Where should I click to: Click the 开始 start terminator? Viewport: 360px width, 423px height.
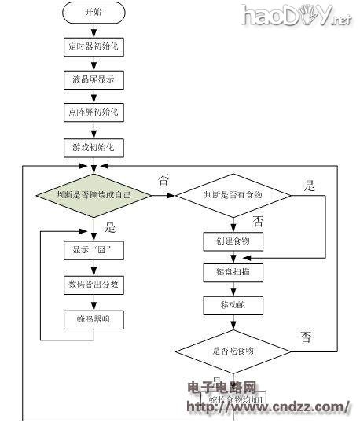pyautogui.click(x=93, y=13)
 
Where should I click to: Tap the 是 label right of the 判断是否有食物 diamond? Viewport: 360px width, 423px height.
pyautogui.click(x=310, y=186)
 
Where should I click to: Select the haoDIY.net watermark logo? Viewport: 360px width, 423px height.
pyautogui.click(x=295, y=15)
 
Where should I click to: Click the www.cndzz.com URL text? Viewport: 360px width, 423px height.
pyautogui.click(x=267, y=406)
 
